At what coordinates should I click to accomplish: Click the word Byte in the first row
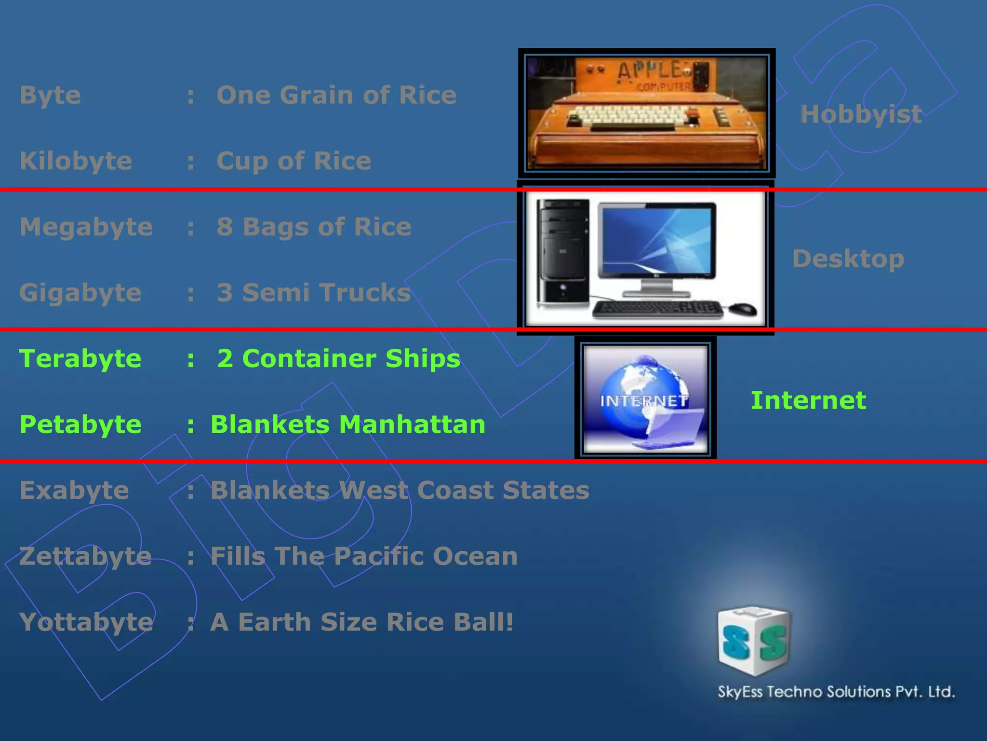point(50,96)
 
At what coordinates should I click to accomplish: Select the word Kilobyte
point(76,161)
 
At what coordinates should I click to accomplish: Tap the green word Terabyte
point(80,359)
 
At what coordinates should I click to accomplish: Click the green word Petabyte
point(80,425)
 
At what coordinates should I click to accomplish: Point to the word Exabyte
point(74,491)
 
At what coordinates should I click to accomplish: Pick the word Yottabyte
point(86,622)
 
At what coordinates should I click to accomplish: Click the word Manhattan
point(412,425)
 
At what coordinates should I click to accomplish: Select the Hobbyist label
point(861,114)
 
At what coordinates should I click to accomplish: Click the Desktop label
point(848,259)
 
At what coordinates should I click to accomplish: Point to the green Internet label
point(808,401)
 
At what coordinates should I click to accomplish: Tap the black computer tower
point(563,253)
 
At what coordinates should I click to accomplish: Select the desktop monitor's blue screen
point(656,240)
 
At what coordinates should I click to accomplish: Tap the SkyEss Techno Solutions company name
point(836,692)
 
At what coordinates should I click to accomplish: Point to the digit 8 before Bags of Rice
point(225,227)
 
